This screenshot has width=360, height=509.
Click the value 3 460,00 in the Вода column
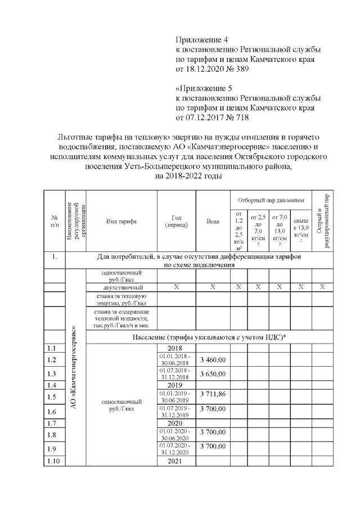tap(213, 360)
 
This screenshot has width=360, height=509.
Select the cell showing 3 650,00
tap(213, 374)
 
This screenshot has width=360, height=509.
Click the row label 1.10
tap(55, 461)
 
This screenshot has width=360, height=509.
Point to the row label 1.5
tap(55, 397)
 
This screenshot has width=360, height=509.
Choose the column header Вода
tap(213, 221)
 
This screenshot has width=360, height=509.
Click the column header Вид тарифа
tap(121, 221)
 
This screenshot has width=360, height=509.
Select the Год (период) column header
tap(176, 221)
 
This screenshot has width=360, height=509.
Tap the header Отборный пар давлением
tap(271, 200)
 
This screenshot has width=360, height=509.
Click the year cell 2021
tap(176, 461)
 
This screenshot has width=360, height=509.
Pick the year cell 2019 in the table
tap(176, 385)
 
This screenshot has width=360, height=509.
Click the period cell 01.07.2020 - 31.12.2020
tap(176, 449)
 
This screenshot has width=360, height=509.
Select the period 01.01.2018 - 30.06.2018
tap(176, 360)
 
